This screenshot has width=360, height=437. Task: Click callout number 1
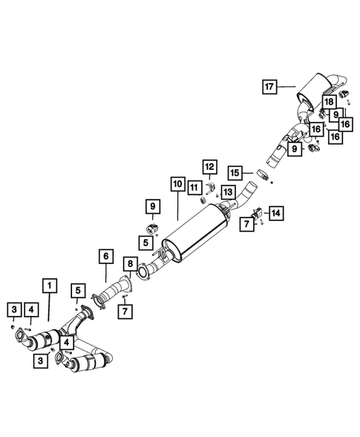point(49,285)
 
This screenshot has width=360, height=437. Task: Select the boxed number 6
point(105,256)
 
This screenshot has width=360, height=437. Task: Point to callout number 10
point(177,183)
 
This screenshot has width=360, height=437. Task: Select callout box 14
point(275,213)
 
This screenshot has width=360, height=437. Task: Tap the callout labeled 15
point(234,172)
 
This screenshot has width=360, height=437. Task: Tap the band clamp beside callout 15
point(262,175)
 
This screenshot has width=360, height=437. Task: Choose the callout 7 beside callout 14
point(246,224)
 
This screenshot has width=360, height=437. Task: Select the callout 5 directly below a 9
point(147,241)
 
